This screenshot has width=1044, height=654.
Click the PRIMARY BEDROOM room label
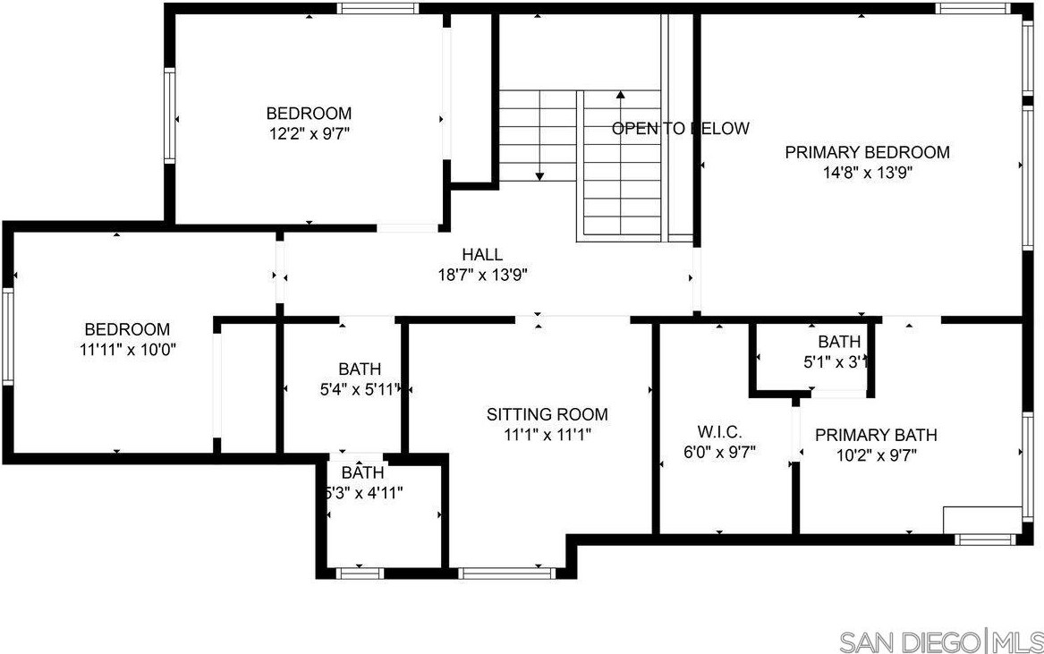pyautogui.click(x=867, y=153)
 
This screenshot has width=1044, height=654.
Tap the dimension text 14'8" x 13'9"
pyautogui.click(x=867, y=174)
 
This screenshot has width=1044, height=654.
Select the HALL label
pyautogui.click(x=482, y=255)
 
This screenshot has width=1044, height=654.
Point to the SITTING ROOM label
pyautogui.click(x=547, y=414)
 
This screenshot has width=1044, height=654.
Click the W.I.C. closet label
pyautogui.click(x=719, y=432)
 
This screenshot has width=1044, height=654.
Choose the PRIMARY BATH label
pyautogui.click(x=876, y=436)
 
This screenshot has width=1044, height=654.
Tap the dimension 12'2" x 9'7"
pyautogui.click(x=309, y=133)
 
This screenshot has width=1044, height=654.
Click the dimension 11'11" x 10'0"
pyautogui.click(x=126, y=349)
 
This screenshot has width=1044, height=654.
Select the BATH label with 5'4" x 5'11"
pyautogui.click(x=360, y=369)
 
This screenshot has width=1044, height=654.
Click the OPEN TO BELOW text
pyautogui.click(x=680, y=129)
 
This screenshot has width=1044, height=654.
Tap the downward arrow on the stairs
pyautogui.click(x=539, y=175)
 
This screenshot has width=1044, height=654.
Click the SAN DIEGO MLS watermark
pyautogui.click(x=940, y=641)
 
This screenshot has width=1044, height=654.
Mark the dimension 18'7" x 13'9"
pyautogui.click(x=482, y=275)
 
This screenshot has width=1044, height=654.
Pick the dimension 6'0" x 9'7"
pyautogui.click(x=719, y=453)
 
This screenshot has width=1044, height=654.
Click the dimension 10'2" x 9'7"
pyautogui.click(x=876, y=455)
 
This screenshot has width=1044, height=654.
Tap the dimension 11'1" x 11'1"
pyautogui.click(x=547, y=435)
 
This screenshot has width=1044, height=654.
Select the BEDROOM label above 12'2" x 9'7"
pyautogui.click(x=309, y=114)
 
